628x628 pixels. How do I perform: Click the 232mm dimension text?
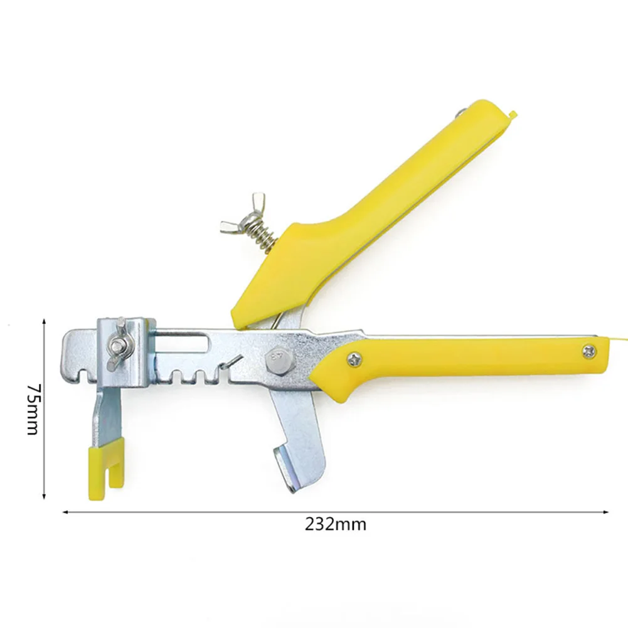[336, 524]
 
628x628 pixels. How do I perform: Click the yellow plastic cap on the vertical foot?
[105, 463]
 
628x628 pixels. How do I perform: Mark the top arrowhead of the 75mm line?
[44, 320]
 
